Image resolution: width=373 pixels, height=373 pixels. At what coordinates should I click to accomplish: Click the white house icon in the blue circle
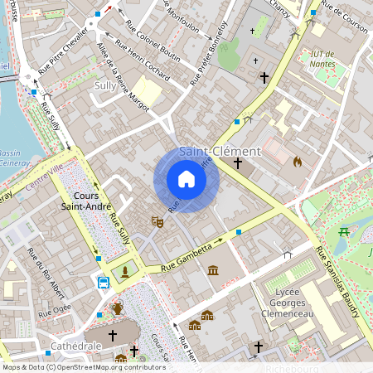tap(186, 179)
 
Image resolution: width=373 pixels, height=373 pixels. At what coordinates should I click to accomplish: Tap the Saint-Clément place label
tap(220, 152)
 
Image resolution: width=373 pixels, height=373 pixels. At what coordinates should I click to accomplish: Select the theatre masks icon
tap(155, 221)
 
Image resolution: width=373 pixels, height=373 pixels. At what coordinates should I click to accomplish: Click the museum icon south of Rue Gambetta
tap(214, 271)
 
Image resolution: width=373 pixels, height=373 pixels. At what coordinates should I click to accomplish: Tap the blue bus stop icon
tap(104, 283)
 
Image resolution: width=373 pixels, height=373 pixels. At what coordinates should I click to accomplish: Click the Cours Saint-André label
tap(87, 200)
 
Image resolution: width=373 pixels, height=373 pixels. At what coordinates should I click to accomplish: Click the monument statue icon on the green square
tap(125, 271)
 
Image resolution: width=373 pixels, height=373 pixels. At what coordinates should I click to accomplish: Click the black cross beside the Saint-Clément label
tap(238, 164)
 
